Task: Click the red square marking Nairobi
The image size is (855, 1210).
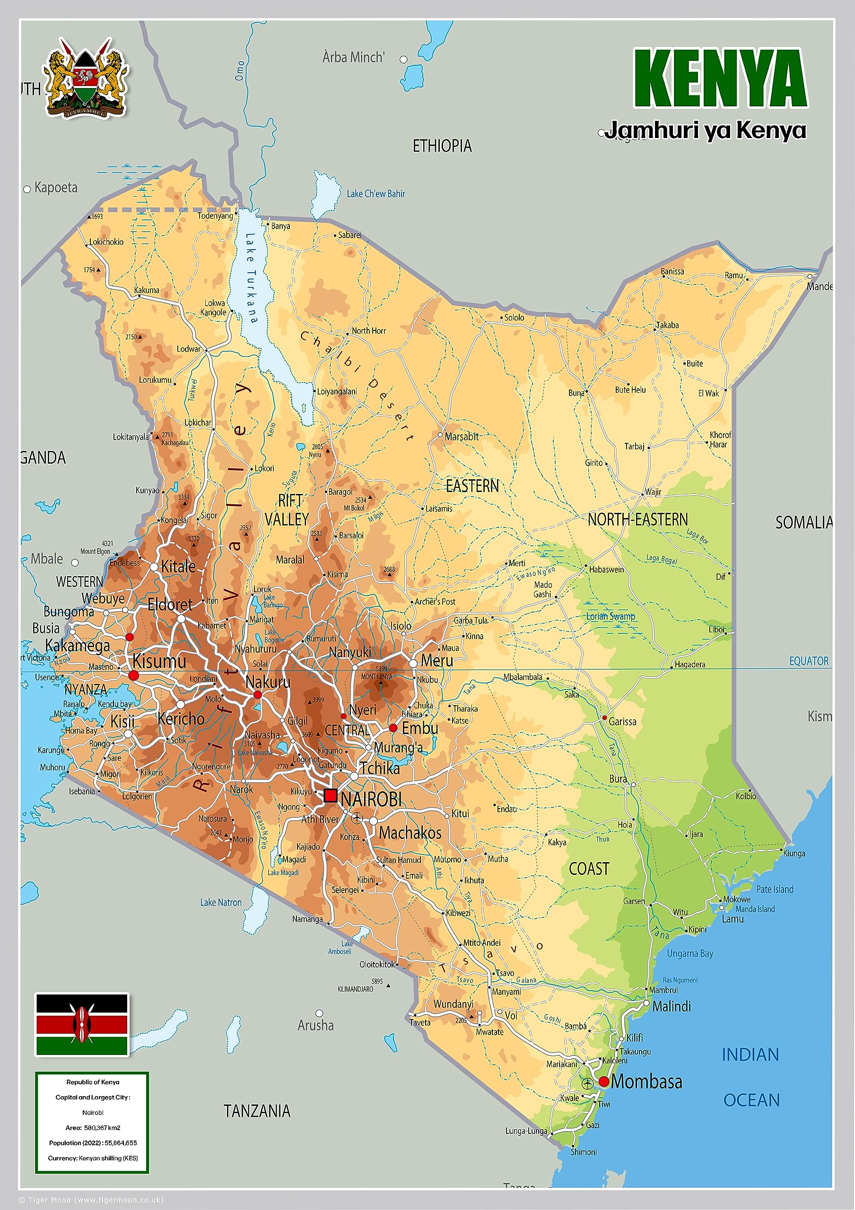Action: (x=331, y=795)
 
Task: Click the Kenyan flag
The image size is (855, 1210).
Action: (x=82, y=1025)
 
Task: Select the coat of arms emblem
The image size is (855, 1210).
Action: (x=86, y=78)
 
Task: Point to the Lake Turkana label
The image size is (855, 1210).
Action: (x=252, y=278)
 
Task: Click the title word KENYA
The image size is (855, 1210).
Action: (x=720, y=78)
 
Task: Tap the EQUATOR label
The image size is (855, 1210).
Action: (x=809, y=661)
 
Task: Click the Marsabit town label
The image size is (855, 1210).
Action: (x=462, y=436)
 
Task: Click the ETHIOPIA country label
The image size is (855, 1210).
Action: (x=442, y=146)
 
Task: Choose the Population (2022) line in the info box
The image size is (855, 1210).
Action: (x=93, y=1143)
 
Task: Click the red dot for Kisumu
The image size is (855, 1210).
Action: (x=133, y=675)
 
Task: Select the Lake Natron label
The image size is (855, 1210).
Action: (x=221, y=902)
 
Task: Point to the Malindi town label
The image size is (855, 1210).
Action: (x=671, y=1007)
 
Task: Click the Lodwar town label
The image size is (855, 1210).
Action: (x=189, y=349)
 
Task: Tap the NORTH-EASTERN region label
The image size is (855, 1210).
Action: (x=637, y=519)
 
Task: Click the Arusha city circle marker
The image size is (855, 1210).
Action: (x=319, y=1013)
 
